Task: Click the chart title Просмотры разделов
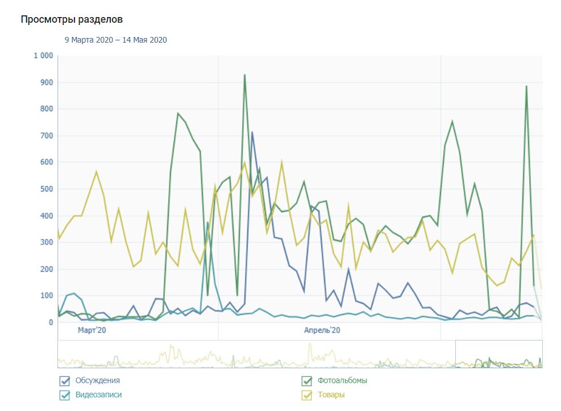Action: point(72,20)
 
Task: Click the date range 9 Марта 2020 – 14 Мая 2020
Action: point(115,40)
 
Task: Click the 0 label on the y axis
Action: point(51,322)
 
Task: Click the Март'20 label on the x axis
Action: point(92,330)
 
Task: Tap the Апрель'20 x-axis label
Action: point(322,330)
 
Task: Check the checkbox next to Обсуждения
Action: point(64,381)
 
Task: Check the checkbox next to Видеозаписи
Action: point(64,395)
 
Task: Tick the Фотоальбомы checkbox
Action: point(307,381)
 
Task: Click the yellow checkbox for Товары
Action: point(307,395)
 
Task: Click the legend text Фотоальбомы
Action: point(342,380)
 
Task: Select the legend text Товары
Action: point(331,395)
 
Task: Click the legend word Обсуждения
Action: point(97,380)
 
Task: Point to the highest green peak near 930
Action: point(244,75)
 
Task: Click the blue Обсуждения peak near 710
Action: point(252,132)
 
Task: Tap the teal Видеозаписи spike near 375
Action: point(208,222)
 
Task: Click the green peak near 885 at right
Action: point(526,86)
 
